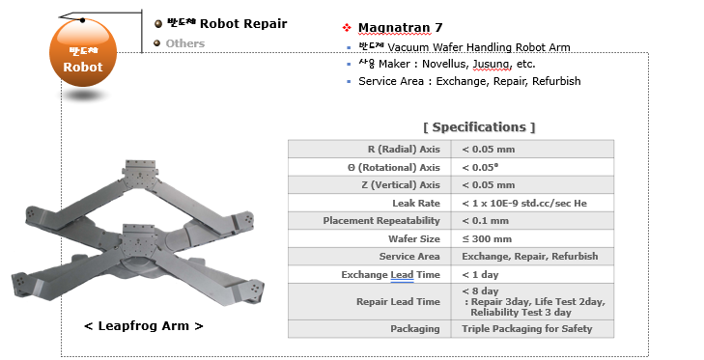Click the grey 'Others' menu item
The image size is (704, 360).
[184, 43]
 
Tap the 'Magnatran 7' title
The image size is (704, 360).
[400, 27]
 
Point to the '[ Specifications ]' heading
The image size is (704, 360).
[479, 126]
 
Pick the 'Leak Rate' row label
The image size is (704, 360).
[416, 203]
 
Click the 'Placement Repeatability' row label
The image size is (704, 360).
[382, 221]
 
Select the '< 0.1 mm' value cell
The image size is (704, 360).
[487, 221]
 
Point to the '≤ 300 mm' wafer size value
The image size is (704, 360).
[488, 238]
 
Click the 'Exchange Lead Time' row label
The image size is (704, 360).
[391, 275]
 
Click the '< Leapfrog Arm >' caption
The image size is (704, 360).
[144, 326]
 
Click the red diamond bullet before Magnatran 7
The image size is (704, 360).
[347, 28]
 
